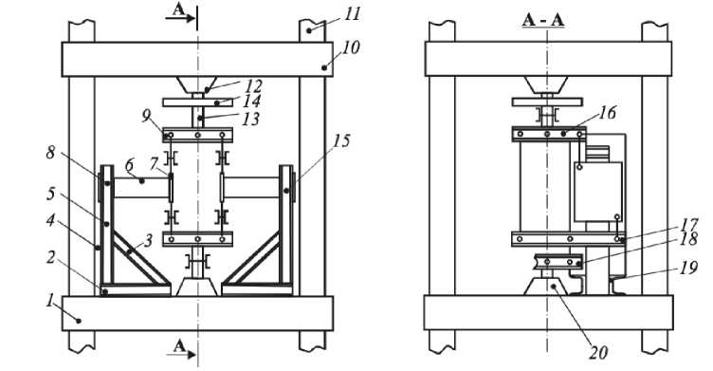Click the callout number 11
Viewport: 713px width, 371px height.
click(352, 13)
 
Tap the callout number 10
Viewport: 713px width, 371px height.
click(350, 47)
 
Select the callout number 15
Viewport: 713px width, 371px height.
click(341, 141)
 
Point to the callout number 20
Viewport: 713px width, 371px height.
click(598, 352)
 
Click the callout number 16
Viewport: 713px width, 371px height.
click(607, 112)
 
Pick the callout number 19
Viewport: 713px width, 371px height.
click(689, 268)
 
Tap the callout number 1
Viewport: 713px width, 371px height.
click(50, 300)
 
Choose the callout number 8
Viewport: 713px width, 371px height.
click(50, 152)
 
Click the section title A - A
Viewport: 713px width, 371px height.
click(543, 20)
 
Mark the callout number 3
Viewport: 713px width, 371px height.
click(148, 240)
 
